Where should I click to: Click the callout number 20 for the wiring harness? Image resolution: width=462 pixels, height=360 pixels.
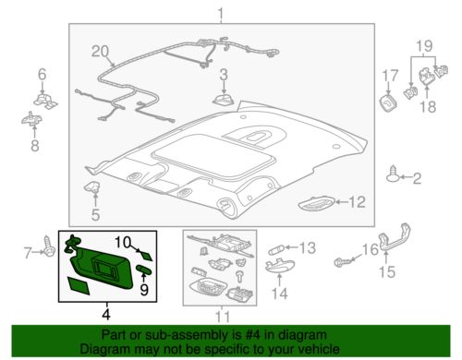tap(101, 52)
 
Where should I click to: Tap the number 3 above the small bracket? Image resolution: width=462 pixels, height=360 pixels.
tap(224, 75)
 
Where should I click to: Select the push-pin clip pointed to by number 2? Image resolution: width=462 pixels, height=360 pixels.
tap(393, 174)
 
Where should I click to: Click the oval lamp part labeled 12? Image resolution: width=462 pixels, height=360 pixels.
tap(316, 204)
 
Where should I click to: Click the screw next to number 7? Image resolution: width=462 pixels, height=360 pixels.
tap(49, 246)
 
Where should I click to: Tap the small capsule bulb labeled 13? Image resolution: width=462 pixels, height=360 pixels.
tap(275, 249)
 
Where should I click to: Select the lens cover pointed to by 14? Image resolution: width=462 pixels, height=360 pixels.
tap(280, 266)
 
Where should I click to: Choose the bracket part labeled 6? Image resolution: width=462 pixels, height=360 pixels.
tap(46, 101)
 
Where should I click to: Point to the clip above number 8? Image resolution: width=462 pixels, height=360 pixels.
tap(31, 118)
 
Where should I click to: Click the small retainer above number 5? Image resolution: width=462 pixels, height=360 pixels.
tap(92, 186)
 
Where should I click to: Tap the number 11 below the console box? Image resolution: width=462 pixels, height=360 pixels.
tap(223, 317)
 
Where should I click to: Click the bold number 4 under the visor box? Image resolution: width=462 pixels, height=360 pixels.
tap(106, 314)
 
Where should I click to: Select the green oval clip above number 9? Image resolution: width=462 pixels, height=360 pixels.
tap(143, 269)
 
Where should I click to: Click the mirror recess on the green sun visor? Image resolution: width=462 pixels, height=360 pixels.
tap(105, 265)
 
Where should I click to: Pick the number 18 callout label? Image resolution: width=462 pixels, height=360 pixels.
tap(428, 106)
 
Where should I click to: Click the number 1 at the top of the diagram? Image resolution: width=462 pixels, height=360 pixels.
tap(221, 14)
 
